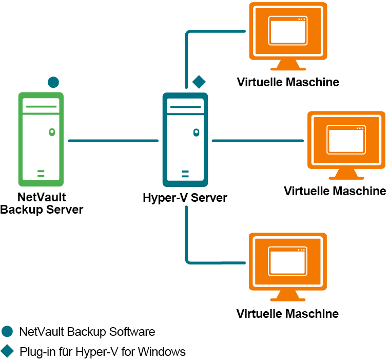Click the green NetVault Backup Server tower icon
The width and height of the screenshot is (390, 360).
tap(41, 139)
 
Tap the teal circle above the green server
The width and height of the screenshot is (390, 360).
tap(53, 82)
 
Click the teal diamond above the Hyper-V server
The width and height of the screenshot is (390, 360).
tap(199, 81)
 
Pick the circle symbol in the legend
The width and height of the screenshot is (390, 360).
tap(7, 332)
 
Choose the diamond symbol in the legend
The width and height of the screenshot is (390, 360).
tap(7, 352)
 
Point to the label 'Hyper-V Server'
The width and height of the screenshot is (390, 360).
tap(185, 198)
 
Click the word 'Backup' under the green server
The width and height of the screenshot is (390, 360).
tap(21, 210)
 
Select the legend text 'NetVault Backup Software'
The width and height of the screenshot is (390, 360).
tap(87, 332)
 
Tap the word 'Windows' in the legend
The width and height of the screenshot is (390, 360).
tap(162, 352)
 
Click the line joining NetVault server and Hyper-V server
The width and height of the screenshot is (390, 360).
tap(113, 140)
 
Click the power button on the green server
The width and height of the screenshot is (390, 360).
tap(51, 132)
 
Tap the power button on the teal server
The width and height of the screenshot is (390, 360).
tap(196, 132)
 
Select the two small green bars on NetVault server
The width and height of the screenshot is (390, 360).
tap(41, 173)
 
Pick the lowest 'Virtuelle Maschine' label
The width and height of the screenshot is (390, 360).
tap(287, 313)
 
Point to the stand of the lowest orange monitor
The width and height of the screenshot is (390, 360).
tap(287, 294)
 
